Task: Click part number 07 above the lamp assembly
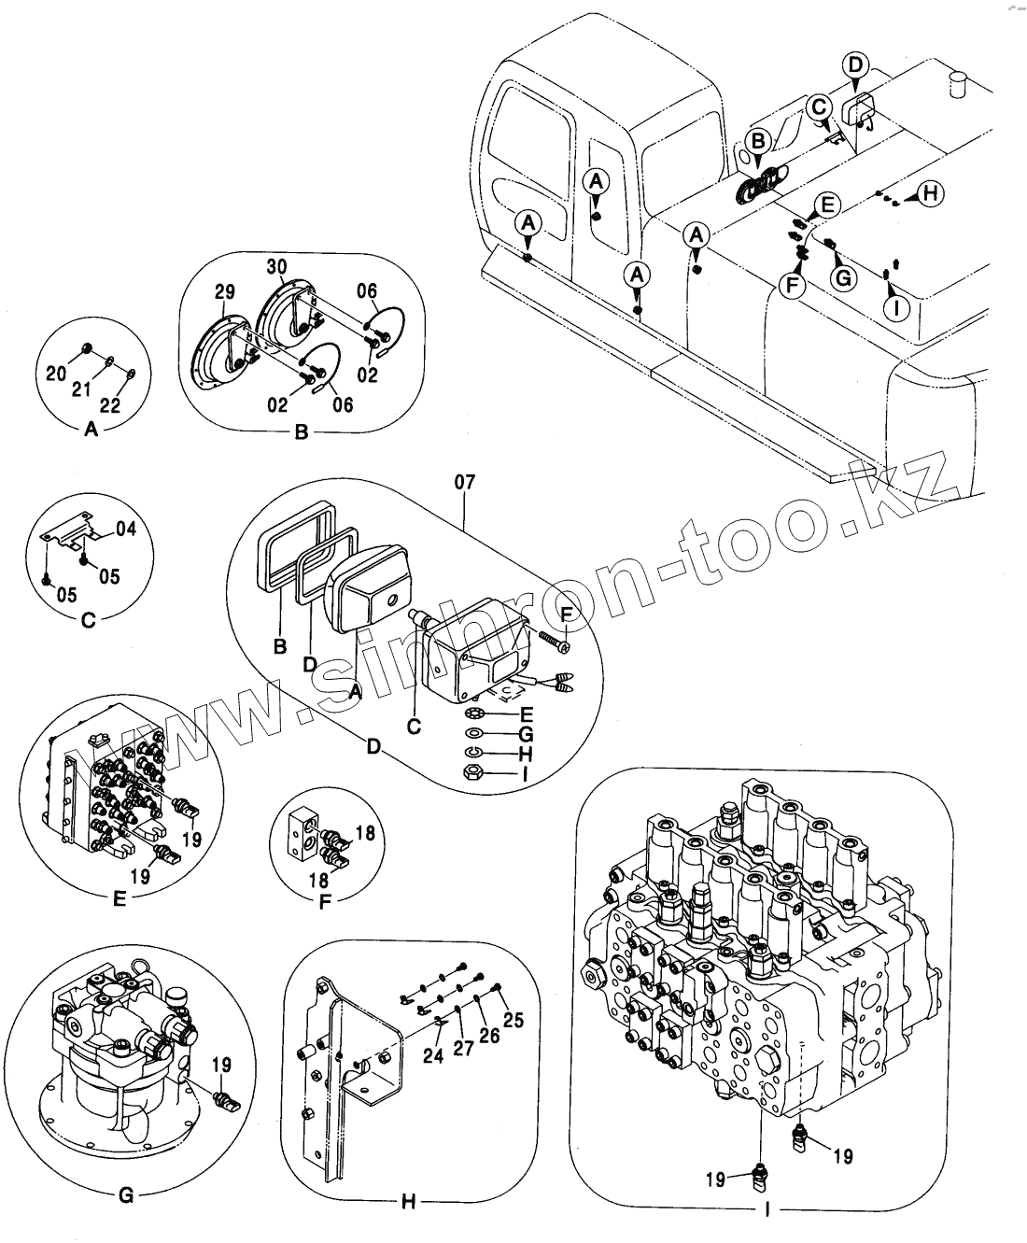pos(464,482)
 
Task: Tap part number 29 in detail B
pos(224,293)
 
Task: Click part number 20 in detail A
pos(56,374)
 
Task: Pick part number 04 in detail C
pos(126,530)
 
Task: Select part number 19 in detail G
pos(221,1065)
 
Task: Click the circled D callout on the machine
pos(855,65)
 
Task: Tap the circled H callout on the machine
pos(930,193)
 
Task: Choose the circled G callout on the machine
pos(843,276)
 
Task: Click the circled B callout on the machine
pos(758,142)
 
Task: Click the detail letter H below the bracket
pos(408,1202)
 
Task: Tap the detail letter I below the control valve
pos(767,1210)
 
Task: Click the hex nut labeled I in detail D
pos(472,772)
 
